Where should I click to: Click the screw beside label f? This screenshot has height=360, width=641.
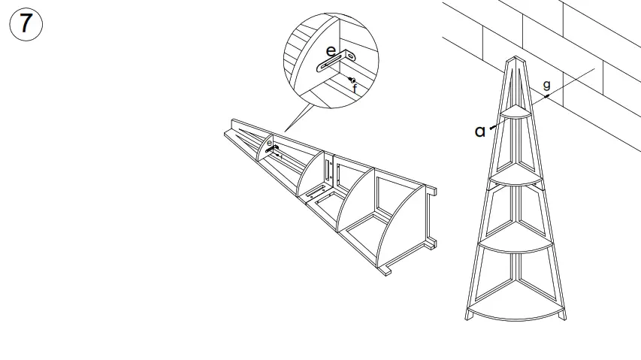[x=352, y=80]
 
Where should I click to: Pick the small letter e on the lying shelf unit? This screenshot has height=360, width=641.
[x=269, y=142]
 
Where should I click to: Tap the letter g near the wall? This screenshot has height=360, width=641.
[x=546, y=86]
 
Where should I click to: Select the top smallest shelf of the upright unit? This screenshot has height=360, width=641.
[x=516, y=113]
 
